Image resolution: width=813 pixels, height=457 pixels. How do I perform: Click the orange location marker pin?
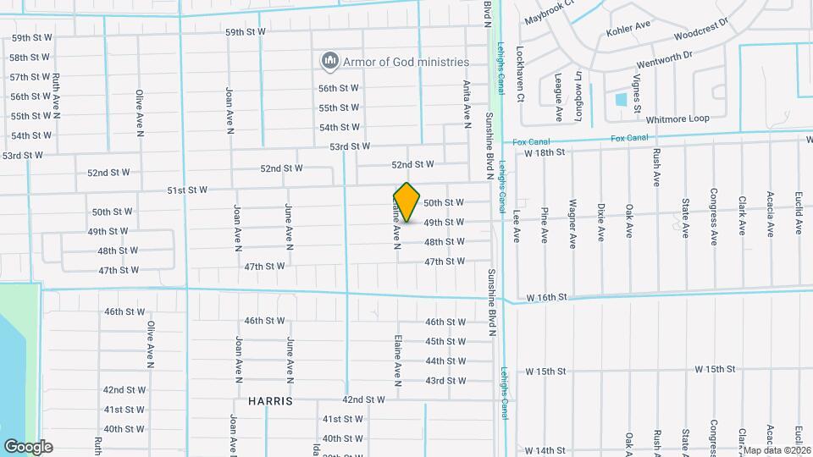click(407, 202)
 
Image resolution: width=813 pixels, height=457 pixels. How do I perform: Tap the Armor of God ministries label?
click(406, 62)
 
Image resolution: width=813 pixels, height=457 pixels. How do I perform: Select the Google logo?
click(28, 446)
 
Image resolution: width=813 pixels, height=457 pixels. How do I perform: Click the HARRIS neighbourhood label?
click(270, 400)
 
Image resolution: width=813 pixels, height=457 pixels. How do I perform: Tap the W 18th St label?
click(544, 152)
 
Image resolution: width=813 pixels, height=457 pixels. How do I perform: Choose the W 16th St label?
click(545, 299)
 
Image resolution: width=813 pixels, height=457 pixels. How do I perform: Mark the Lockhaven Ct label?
click(520, 74)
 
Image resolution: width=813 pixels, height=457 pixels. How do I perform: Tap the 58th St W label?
click(30, 58)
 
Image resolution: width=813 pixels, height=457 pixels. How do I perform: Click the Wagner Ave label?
click(572, 223)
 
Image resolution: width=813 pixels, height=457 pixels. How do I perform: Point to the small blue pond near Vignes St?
click(621, 99)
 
